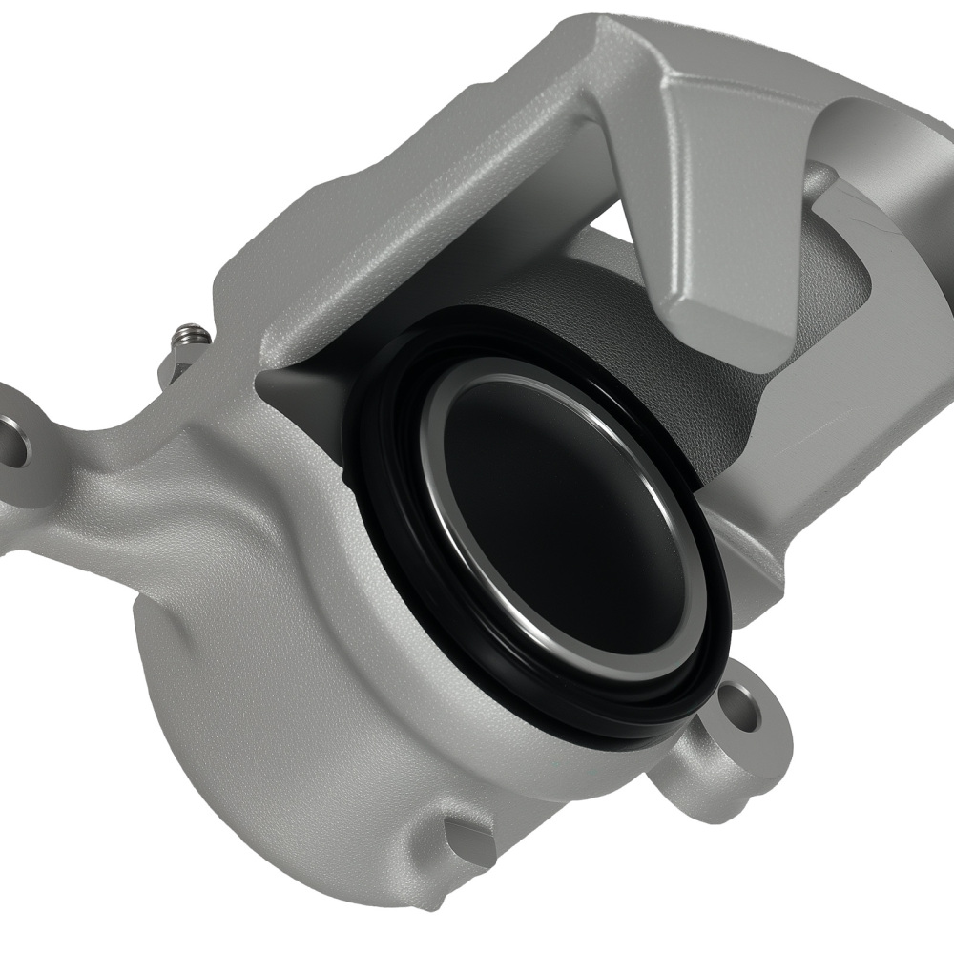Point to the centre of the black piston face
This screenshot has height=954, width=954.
pos(563,520)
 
